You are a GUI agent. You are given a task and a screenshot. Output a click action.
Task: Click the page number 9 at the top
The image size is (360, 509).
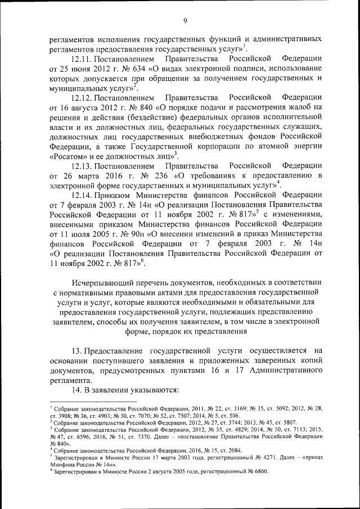(x=184, y=21)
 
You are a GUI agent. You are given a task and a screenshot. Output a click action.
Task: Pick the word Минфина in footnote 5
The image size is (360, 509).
(x=62, y=465)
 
